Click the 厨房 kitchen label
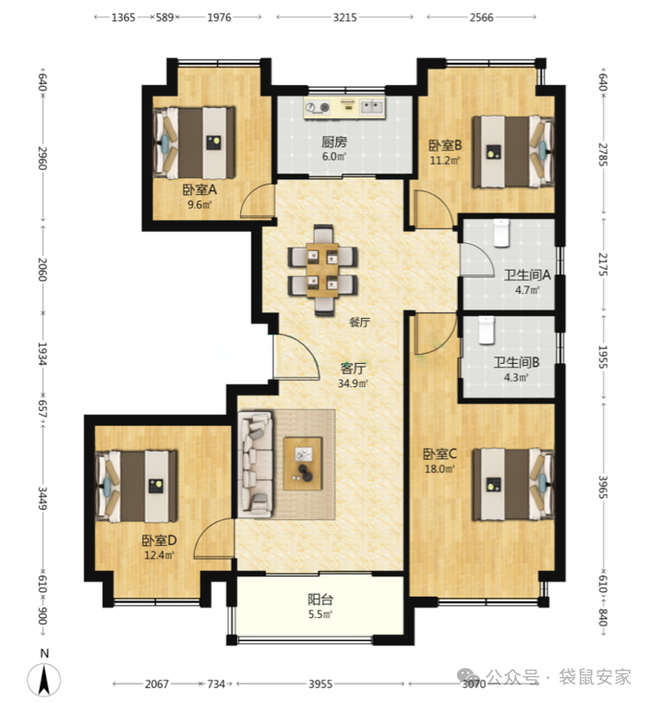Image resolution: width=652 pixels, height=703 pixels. (333, 142)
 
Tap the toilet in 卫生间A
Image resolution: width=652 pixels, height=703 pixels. (501, 233)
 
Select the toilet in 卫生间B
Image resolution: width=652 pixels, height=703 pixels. (486, 330)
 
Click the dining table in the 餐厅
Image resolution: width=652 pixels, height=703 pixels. (322, 270)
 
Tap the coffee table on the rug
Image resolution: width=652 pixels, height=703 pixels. (303, 464)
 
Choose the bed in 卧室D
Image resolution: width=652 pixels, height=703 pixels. (137, 486)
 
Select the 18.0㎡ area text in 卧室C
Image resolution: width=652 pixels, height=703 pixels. (440, 469)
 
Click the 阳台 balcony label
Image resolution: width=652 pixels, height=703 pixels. (320, 600)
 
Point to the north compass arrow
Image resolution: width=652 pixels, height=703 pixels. (44, 680)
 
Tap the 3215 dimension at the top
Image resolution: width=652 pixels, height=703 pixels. (344, 18)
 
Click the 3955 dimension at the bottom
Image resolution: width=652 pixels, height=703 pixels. (320, 684)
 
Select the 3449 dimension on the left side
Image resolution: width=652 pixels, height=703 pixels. (42, 498)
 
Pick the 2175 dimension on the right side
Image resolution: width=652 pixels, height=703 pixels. (603, 264)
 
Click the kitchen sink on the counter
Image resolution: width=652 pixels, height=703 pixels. (372, 107)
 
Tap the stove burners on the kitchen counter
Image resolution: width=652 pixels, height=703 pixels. (318, 107)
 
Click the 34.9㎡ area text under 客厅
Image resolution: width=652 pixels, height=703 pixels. (353, 383)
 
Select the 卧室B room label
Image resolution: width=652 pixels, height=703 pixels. (445, 145)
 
